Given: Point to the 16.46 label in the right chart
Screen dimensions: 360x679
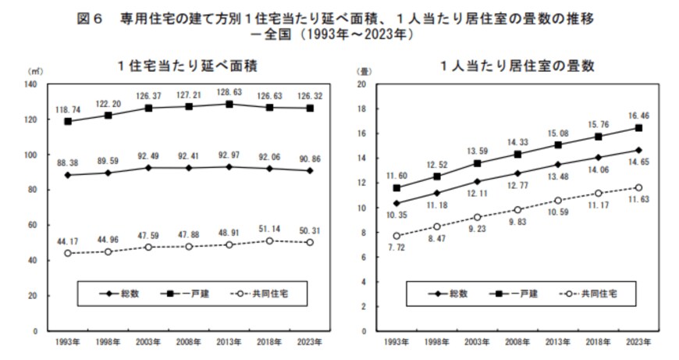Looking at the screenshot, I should (638, 115).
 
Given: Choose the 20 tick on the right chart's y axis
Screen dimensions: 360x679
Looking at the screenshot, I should (361, 84).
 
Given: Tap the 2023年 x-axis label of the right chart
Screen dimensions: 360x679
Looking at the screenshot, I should (638, 342).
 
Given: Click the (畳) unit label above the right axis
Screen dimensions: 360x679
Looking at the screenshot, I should (364, 71).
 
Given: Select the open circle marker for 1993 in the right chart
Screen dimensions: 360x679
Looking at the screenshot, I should (397, 236).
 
